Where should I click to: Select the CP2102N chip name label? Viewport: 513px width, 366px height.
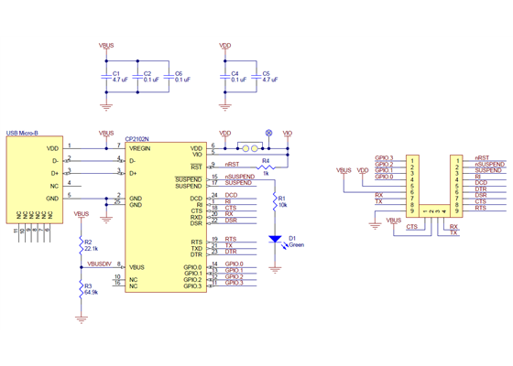(x=138, y=140)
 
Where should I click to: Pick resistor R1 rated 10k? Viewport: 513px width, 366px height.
(x=276, y=201)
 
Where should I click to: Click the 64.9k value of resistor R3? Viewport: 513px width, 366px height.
(x=91, y=292)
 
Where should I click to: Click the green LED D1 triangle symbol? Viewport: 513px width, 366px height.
(x=276, y=239)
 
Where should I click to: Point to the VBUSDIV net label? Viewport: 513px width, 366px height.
(x=99, y=263)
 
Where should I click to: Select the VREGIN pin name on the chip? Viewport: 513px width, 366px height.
(x=139, y=147)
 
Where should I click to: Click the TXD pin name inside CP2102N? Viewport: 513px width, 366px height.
(x=196, y=248)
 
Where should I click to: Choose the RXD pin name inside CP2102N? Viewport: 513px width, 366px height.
(x=196, y=216)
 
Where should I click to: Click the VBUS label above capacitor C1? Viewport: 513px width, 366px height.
(x=106, y=43)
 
